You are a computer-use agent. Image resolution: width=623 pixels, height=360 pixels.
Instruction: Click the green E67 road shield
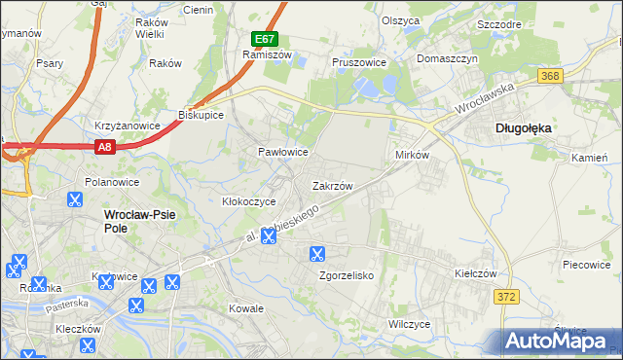coord(264,39)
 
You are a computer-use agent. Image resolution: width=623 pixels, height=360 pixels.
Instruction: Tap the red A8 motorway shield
coord(105,147)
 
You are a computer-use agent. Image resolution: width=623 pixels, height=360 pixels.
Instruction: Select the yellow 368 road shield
coord(551,76)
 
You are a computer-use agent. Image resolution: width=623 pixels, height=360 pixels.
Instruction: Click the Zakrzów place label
coord(332,185)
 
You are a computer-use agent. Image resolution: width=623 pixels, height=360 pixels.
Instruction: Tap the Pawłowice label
coord(282,153)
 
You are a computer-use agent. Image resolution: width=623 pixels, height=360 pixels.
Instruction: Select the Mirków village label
coord(413,156)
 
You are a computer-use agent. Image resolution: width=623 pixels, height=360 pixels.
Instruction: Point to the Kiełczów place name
coord(477,274)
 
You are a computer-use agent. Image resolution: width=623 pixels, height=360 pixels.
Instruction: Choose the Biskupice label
coord(202,114)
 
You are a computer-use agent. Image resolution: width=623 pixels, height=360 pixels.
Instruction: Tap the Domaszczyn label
coord(448,58)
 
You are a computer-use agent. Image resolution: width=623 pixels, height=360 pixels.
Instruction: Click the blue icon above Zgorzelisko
coord(316,255)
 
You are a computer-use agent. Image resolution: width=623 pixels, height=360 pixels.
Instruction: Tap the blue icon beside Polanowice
coord(75,200)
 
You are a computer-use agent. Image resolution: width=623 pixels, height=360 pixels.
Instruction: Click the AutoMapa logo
coord(560,341)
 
